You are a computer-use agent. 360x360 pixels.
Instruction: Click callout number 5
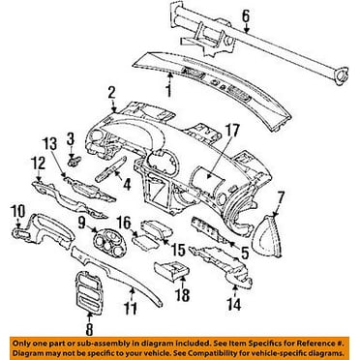[245, 255]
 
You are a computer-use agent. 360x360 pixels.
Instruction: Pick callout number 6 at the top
[246, 15]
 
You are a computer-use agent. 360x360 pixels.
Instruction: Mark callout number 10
[14, 210]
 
